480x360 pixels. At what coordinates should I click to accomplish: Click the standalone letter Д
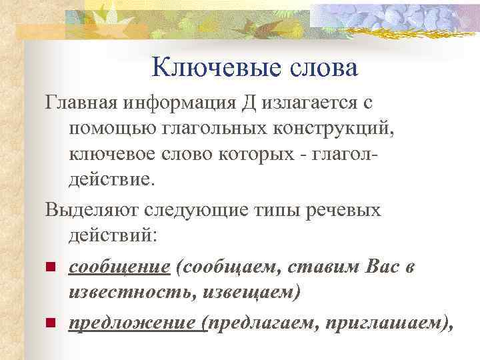tap(249, 104)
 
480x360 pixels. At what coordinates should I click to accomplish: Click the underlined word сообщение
tap(119, 267)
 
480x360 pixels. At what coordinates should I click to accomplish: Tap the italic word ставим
tap(331, 267)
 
